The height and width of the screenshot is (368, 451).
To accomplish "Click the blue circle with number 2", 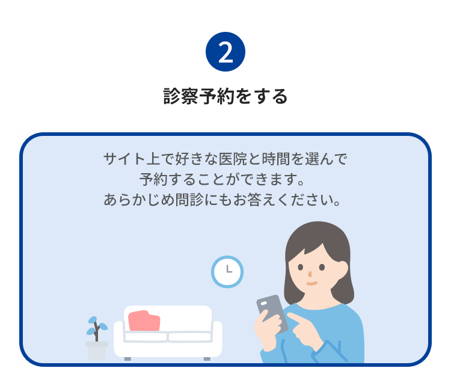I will pyautogui.click(x=226, y=52).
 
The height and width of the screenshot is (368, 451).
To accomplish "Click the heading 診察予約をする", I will pyautogui.click(x=226, y=96).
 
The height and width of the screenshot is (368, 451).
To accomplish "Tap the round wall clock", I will pyautogui.click(x=227, y=272).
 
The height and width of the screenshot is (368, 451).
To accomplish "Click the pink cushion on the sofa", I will pyautogui.click(x=144, y=320).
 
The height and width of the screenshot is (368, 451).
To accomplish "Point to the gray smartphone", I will pyautogui.click(x=271, y=313).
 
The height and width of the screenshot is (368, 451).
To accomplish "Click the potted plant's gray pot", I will pyautogui.click(x=97, y=351).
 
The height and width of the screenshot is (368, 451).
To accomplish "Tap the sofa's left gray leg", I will pyautogui.click(x=127, y=358).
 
